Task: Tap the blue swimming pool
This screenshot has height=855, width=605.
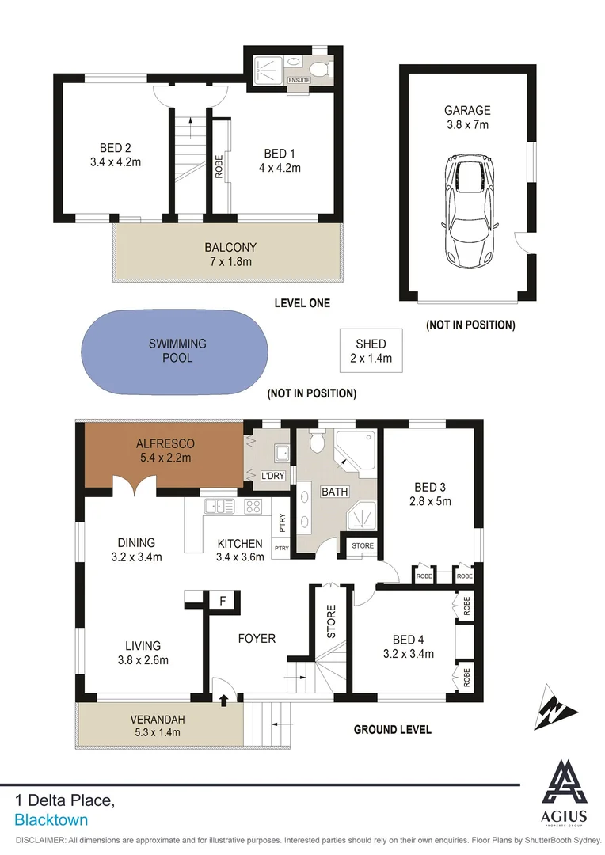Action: [x=178, y=351]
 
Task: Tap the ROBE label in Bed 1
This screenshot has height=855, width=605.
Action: [x=219, y=168]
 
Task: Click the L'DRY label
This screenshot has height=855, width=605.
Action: [x=272, y=475]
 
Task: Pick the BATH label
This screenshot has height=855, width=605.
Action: [x=334, y=492]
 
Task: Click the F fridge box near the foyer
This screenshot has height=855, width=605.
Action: [x=223, y=601]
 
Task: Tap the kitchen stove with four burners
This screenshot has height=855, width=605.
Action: [x=254, y=505]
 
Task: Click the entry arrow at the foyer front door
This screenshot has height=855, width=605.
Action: [x=223, y=699]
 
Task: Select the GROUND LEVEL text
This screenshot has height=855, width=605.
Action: [x=392, y=729]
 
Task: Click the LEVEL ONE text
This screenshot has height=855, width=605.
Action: [x=302, y=303]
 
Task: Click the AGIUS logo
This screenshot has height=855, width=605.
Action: [x=565, y=792]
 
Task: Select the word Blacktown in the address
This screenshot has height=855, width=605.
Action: [x=51, y=820]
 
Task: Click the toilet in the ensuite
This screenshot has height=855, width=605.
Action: [x=322, y=70]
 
